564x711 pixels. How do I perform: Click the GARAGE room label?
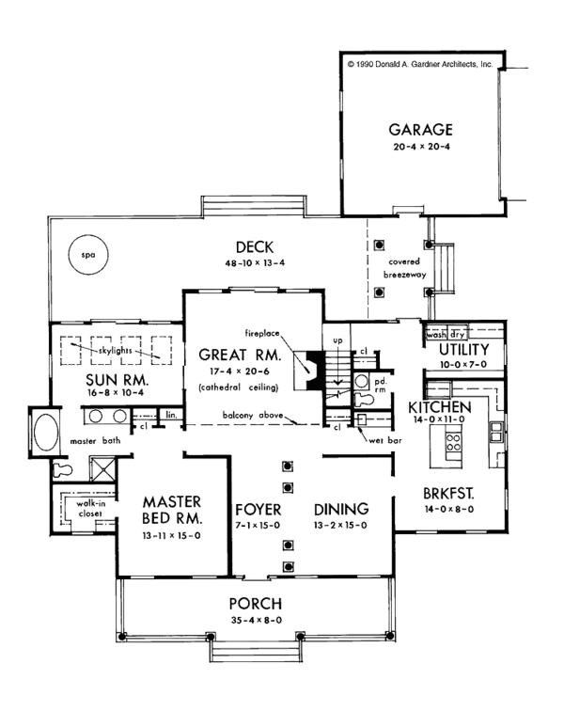tap(420, 130)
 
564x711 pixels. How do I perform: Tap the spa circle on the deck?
tap(88, 254)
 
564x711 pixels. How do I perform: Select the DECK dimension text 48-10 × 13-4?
tap(255, 263)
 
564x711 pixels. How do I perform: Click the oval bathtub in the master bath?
tap(46, 432)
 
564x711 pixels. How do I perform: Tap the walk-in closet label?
tap(90, 508)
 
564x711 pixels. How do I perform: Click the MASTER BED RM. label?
tap(172, 510)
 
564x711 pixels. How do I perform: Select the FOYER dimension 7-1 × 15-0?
tap(258, 526)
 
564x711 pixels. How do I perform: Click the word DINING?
tap(341, 509)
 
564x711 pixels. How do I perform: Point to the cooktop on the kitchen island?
tap(453, 441)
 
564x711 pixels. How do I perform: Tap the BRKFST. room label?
tap(448, 494)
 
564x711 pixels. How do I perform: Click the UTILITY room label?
tap(463, 350)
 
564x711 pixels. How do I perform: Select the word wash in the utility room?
tap(436, 335)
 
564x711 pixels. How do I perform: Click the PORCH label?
tap(256, 604)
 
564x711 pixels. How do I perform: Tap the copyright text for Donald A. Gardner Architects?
tap(420, 64)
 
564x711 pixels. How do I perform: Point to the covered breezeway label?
tap(404, 268)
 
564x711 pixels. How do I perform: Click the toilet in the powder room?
tap(364, 400)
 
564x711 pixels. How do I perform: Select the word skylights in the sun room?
tap(116, 351)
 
